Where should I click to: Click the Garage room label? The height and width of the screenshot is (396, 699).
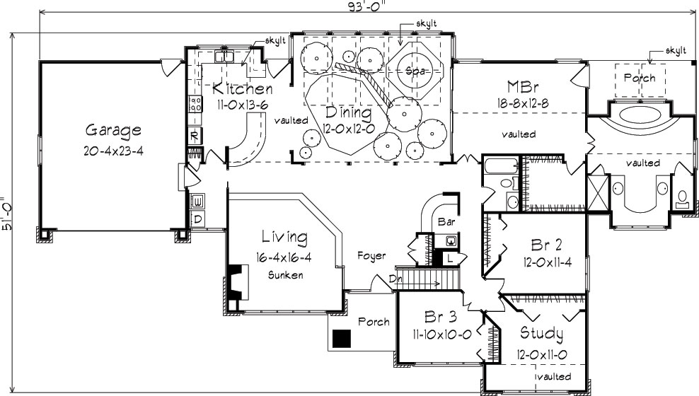tap(113, 130)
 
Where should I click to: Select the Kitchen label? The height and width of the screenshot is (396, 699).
tap(243, 89)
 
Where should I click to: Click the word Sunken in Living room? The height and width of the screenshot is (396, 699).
tap(285, 275)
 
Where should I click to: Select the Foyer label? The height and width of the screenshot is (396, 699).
tap(371, 255)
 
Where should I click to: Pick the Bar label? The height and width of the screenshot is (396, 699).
tap(446, 221)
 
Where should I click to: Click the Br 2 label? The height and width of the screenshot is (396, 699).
tap(545, 245)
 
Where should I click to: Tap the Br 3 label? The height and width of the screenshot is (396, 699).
tap(439, 315)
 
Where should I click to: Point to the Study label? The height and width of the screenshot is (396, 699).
tap(541, 333)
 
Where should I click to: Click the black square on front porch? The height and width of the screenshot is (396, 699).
tap(342, 339)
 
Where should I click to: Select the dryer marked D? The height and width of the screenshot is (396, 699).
tap(198, 219)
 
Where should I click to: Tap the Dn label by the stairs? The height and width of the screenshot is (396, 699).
tap(395, 279)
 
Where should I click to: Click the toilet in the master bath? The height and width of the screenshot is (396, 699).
tap(682, 199)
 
